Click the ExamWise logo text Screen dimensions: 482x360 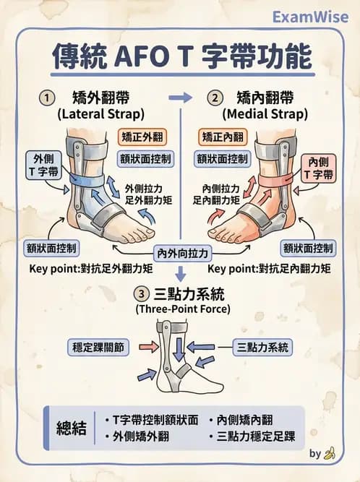point(312,16)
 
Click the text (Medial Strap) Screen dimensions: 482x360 point(266,114)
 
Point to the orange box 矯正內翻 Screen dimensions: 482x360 point(224,137)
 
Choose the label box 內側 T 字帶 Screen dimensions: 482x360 point(318,167)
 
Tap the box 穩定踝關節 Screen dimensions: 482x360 point(98,347)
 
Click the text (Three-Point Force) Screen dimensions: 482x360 point(183,309)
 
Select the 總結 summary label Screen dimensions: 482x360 point(72,428)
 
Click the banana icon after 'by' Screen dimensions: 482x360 point(330,454)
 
